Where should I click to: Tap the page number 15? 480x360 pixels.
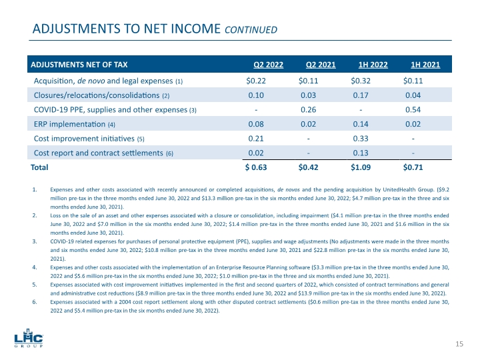[x=459, y=344]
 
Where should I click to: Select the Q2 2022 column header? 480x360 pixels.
[x=268, y=65]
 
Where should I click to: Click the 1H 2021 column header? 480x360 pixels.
[x=425, y=65]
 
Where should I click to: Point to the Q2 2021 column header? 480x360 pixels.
[x=321, y=65]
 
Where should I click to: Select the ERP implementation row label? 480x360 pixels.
[x=75, y=124]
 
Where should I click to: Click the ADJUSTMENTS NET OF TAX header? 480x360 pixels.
[x=77, y=65]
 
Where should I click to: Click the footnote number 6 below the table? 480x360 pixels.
[x=34, y=303]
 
